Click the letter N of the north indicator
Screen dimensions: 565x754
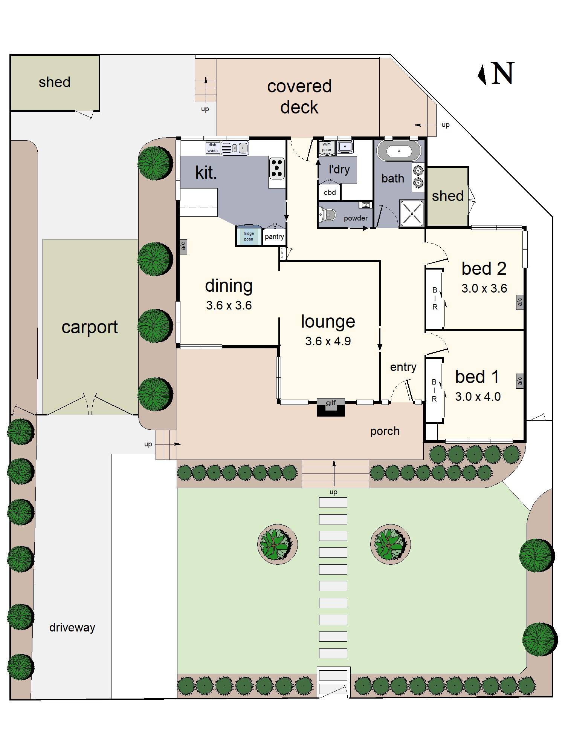point(503,73)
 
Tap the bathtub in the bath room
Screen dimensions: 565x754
point(399,152)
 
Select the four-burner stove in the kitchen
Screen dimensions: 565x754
point(277,168)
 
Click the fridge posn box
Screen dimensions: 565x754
point(248,236)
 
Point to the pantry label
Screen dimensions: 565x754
point(274,237)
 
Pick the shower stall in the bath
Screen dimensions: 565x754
point(412,213)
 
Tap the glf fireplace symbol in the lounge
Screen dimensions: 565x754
point(331,407)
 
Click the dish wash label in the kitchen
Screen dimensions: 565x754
point(212,148)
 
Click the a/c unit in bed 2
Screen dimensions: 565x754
point(520,302)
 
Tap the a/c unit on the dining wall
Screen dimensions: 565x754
point(183,247)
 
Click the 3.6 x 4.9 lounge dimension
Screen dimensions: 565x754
point(328,341)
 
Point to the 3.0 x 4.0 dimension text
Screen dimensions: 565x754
point(478,397)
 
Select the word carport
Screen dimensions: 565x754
point(90,327)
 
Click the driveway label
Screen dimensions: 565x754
point(72,628)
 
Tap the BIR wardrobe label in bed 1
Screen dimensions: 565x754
point(434,391)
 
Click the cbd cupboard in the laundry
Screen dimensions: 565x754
point(330,193)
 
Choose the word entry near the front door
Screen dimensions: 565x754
point(403,367)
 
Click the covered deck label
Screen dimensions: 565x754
point(299,97)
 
